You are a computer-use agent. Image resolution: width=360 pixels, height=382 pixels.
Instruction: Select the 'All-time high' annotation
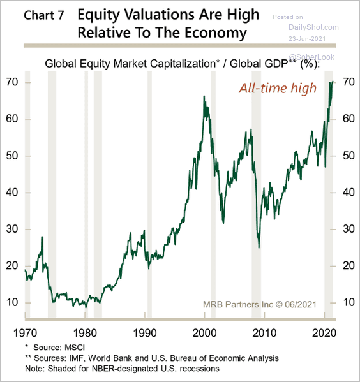click(x=278, y=88)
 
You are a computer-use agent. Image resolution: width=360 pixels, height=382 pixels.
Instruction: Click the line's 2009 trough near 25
click(x=259, y=247)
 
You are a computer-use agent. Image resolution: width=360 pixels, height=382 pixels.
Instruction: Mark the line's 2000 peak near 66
click(x=204, y=97)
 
